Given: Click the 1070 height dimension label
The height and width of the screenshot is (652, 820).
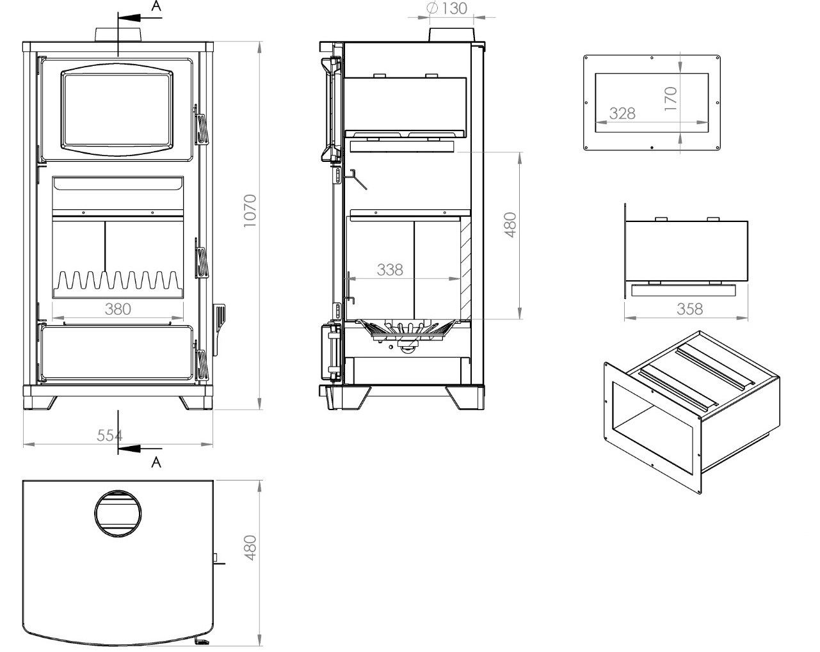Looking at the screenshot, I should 250,211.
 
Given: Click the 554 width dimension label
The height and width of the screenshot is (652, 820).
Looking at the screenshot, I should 109,435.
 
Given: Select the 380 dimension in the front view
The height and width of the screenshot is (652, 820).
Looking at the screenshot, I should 118,308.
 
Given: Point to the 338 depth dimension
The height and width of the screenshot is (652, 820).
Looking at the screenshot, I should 390,269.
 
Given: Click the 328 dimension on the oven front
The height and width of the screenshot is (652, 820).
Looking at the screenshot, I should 622,113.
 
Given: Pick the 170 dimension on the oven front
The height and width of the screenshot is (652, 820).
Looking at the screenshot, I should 670,99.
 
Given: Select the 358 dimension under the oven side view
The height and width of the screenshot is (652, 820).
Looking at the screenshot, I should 689,308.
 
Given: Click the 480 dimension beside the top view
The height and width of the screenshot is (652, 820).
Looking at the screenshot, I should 250,548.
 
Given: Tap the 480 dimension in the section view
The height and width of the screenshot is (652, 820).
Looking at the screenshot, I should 510,225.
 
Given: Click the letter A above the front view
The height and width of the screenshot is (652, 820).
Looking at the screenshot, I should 156,7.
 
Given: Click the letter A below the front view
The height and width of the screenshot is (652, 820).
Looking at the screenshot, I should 156,463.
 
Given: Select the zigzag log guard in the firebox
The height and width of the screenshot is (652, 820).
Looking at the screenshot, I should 118,282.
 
